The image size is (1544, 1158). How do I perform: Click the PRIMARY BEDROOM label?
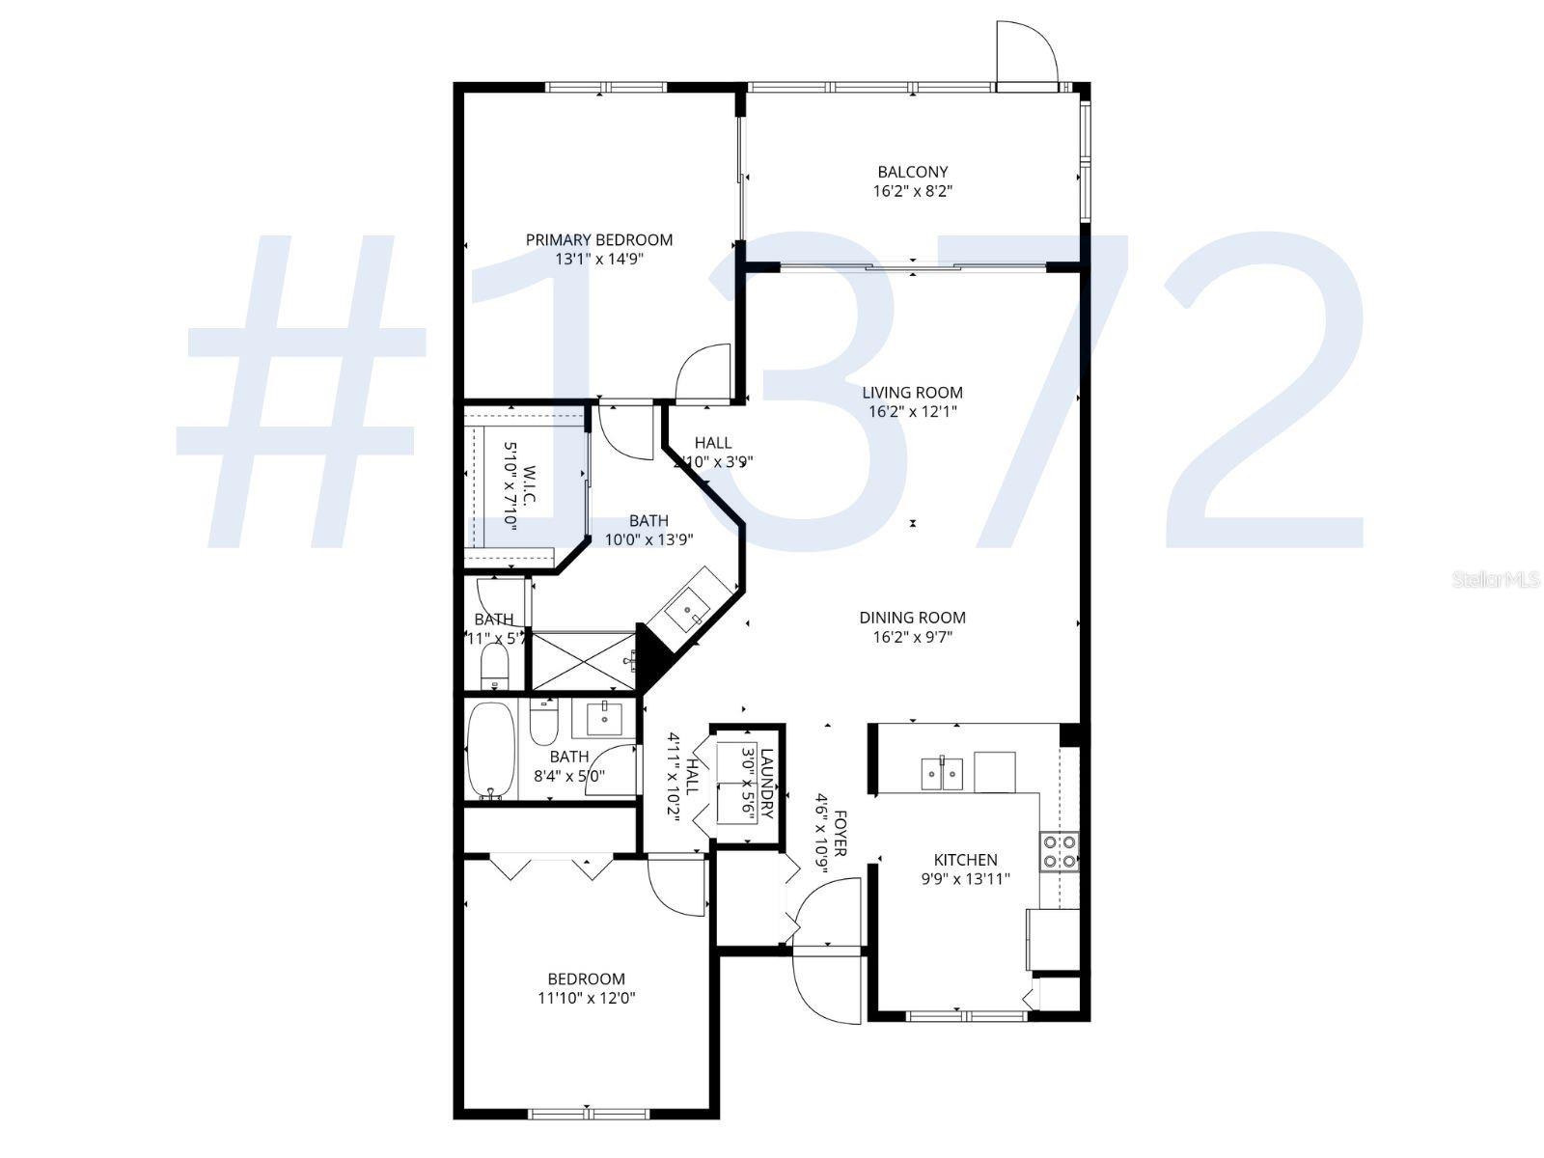click(598, 239)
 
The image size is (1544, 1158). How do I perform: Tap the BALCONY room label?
click(912, 172)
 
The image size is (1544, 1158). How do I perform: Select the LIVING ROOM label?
click(912, 392)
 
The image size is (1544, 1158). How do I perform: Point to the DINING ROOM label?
click(912, 618)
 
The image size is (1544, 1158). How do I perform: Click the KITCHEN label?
click(965, 860)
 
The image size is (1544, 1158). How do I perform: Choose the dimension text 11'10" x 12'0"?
click(587, 998)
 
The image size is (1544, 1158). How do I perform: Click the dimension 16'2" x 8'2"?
click(912, 191)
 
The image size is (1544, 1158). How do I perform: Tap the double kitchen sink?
click(941, 771)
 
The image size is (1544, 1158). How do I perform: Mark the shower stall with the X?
click(584, 661)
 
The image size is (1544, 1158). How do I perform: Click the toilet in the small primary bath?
click(494, 665)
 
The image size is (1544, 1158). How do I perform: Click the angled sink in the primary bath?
click(689, 610)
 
